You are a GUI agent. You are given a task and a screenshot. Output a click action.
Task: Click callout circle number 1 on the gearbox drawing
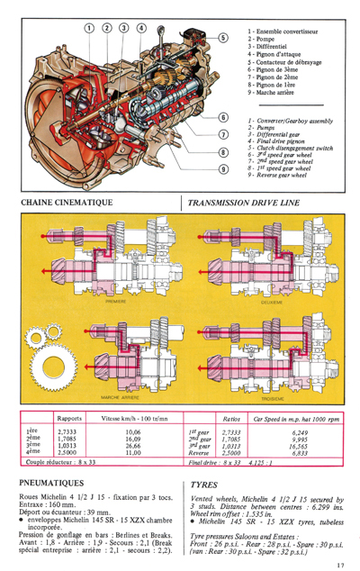point(89,27)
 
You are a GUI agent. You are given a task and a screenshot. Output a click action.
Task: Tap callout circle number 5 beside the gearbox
point(222,38)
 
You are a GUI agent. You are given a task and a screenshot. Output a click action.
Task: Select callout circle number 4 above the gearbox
point(141,27)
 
